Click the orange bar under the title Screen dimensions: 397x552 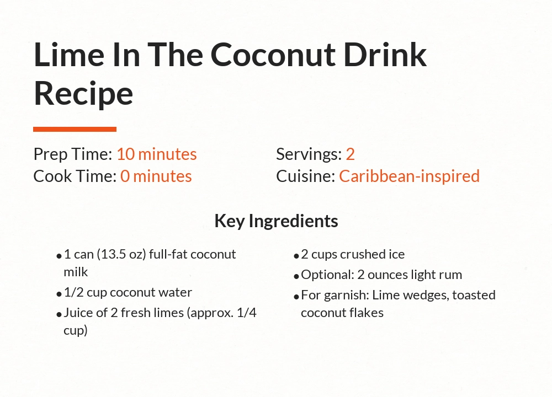tap(75, 130)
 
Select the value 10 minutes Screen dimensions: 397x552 tap(156, 154)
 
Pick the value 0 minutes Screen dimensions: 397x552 tap(156, 176)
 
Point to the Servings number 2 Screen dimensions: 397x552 tap(350, 154)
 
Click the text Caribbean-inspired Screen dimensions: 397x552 tap(409, 176)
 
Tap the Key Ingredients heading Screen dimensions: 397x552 tap(276, 221)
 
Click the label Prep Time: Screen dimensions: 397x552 tap(73, 154)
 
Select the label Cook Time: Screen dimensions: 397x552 tap(75, 176)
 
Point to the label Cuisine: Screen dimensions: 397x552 tap(306, 176)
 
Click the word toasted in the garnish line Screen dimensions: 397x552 tap(474, 295)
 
